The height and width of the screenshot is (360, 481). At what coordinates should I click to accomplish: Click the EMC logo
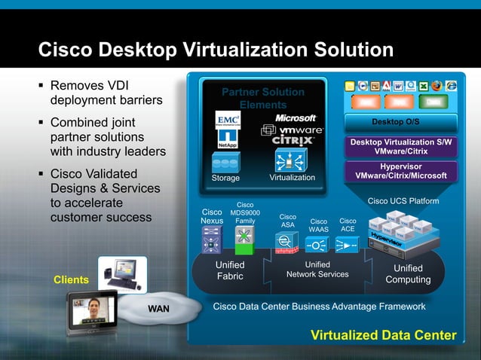pyautogui.click(x=228, y=121)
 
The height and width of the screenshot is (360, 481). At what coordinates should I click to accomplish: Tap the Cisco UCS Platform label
pyautogui.click(x=403, y=201)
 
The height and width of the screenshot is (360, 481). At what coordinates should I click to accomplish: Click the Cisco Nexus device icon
pyautogui.click(x=211, y=240)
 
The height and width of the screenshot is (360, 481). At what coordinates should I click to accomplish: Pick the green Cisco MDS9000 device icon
pyautogui.click(x=244, y=240)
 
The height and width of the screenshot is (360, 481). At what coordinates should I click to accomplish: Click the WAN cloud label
pyautogui.click(x=158, y=309)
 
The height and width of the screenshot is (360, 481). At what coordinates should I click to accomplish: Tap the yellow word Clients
pyautogui.click(x=72, y=280)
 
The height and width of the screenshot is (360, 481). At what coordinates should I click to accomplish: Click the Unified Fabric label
pyautogui.click(x=230, y=271)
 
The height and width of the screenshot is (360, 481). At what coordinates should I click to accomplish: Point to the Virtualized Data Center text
pyautogui.click(x=384, y=335)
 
